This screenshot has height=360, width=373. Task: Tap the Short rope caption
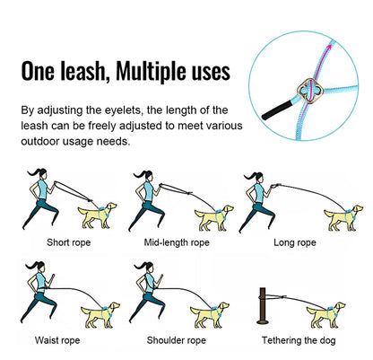[x=68, y=242]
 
